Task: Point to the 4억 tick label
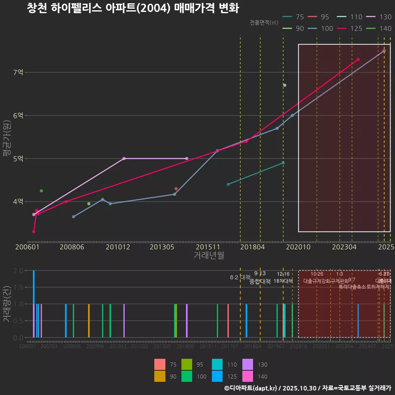coord(18,202)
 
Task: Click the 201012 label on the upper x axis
coord(118,247)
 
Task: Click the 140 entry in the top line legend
coord(385,28)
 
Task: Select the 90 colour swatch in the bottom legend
coord(160,376)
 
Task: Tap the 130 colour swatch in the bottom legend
coord(247,365)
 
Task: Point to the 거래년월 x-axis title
coord(209,256)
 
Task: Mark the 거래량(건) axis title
coord(7,303)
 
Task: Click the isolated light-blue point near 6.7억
coord(285,85)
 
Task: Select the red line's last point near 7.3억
coord(358,60)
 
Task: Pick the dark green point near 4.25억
coord(41,191)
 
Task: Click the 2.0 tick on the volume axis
coord(18,271)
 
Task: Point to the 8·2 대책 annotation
coord(240,277)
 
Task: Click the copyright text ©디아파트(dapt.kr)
coord(251,388)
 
